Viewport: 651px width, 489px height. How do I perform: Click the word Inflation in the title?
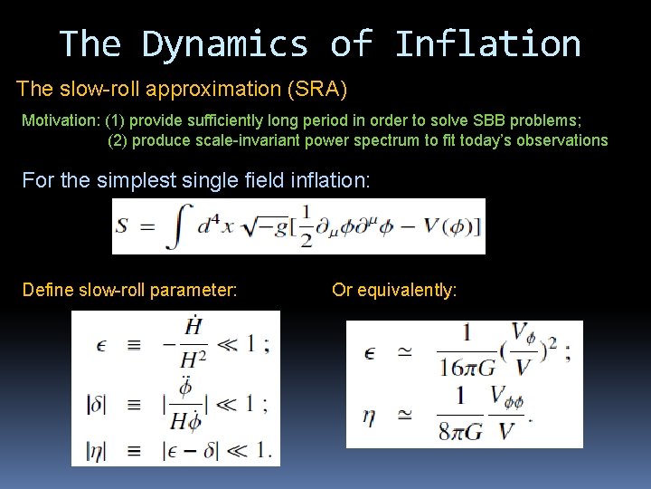(488, 43)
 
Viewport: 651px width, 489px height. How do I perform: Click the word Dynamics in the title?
(225, 43)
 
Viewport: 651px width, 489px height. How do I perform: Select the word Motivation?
(60, 120)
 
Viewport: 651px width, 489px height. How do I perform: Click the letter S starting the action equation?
(122, 227)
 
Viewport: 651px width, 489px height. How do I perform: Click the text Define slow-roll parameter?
(129, 290)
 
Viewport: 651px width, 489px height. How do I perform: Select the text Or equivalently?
(394, 290)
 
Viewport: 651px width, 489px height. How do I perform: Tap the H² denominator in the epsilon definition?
(193, 358)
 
